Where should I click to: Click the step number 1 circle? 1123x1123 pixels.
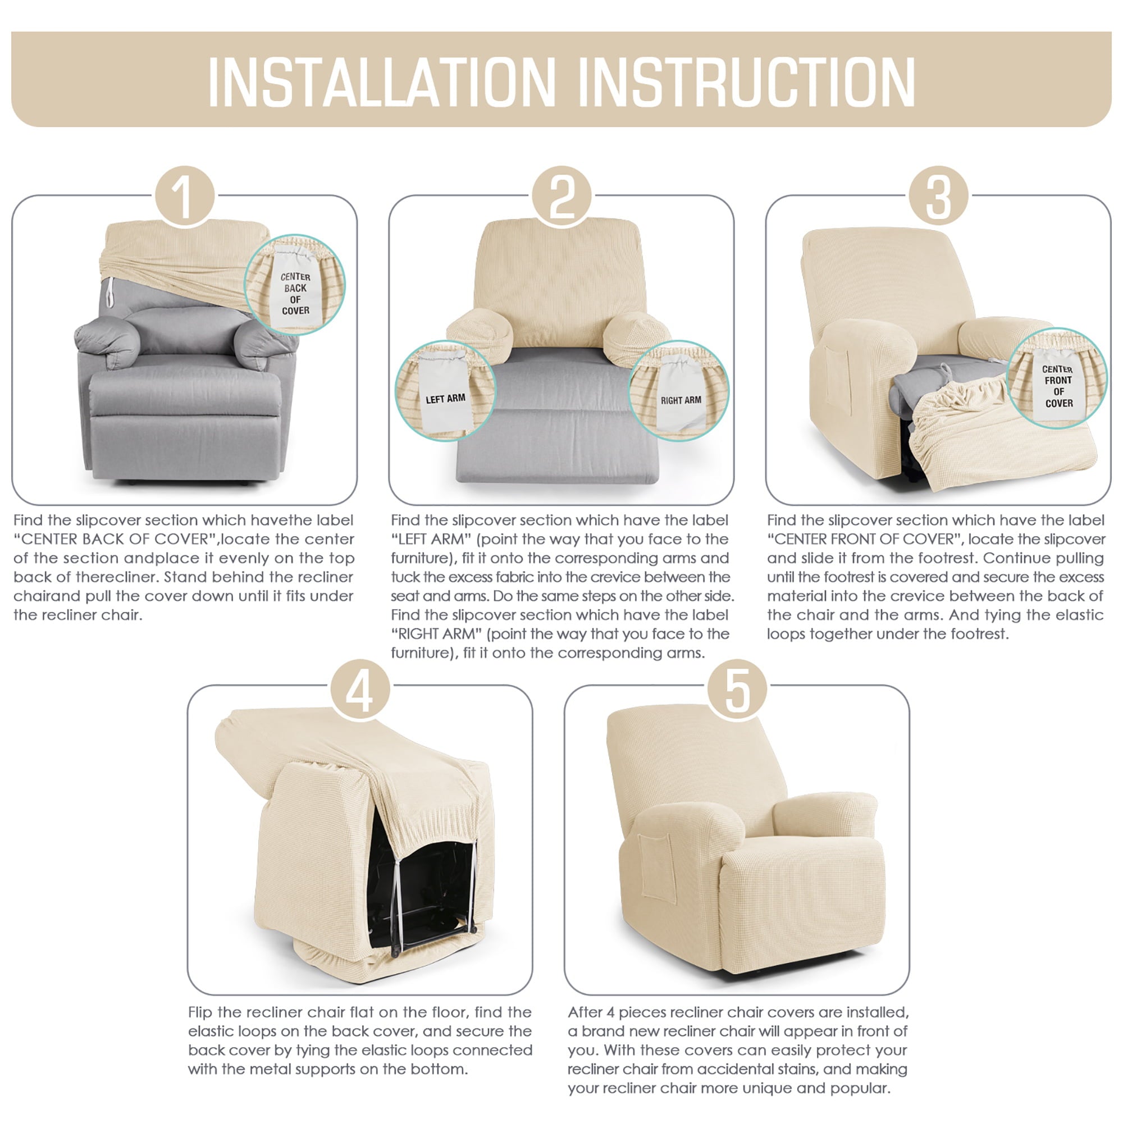pos(185,197)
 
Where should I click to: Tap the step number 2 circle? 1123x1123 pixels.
pos(561,197)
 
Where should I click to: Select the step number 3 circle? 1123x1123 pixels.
pos(938,197)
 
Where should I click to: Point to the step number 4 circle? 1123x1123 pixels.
pos(360,690)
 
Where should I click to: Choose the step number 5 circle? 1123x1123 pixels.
pos(737,690)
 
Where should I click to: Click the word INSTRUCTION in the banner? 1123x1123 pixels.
pos(746,82)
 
